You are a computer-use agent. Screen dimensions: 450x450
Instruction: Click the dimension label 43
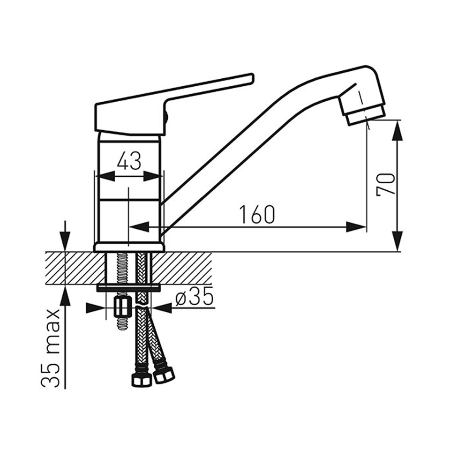coord(129,161)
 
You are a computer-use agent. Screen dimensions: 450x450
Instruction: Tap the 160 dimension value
coord(257,214)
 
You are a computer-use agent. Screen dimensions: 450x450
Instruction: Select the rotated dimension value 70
coord(386,184)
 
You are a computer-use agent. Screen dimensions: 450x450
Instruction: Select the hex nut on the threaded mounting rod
coord(123,307)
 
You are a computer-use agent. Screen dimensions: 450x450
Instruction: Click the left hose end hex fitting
coord(142,380)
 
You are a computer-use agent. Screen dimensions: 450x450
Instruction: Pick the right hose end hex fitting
coord(164,374)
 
